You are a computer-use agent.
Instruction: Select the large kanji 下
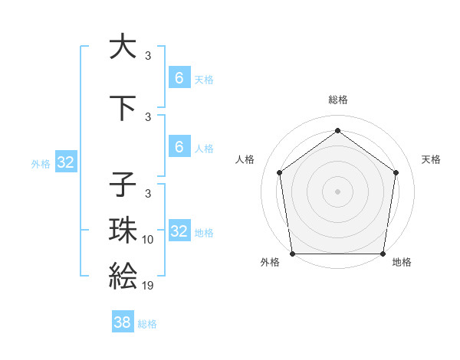[123, 108]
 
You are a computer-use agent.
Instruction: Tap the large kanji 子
[123, 185]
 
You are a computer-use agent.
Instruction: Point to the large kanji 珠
[123, 230]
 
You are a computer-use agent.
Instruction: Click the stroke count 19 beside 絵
[148, 286]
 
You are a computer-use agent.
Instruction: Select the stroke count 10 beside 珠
[148, 240]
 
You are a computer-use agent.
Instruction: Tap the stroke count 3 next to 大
[148, 56]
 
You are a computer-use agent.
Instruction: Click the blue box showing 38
[123, 322]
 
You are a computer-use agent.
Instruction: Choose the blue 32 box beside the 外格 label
[65, 162]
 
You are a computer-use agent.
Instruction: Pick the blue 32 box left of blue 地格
[179, 231]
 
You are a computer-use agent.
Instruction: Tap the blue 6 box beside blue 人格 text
[179, 147]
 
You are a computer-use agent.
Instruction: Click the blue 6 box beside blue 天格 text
[179, 78]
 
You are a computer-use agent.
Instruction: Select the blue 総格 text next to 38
[147, 324]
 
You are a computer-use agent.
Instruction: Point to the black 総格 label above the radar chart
[337, 100]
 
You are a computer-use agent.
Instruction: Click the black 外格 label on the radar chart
[270, 263]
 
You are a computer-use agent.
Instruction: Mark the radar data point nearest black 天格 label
[396, 172]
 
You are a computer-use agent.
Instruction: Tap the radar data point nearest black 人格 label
[279, 172]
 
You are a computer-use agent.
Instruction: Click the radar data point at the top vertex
[337, 130]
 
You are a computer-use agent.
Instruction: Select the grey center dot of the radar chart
[337, 191]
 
